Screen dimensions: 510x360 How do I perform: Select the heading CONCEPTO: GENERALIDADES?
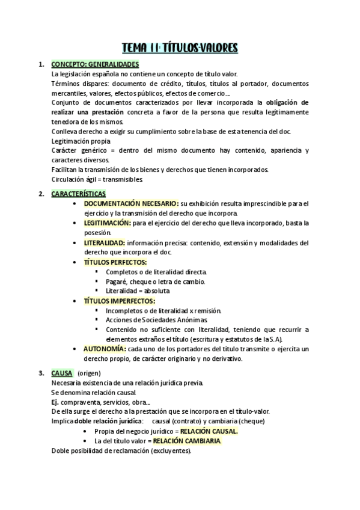pos(96,64)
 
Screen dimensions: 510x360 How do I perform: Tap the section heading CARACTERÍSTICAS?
pos(79,194)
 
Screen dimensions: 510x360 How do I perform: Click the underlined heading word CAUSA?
pos(62,373)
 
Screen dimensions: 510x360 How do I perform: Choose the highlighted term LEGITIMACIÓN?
pos(107,223)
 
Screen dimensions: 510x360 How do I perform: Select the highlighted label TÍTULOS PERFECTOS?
pos(115,262)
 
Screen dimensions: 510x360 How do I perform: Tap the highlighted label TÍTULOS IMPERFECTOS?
pos(120,300)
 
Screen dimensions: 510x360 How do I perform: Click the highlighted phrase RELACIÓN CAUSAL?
pos(209,431)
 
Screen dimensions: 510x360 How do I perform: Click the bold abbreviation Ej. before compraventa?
pos(55,402)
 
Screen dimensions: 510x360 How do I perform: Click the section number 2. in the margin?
pos(41,194)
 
